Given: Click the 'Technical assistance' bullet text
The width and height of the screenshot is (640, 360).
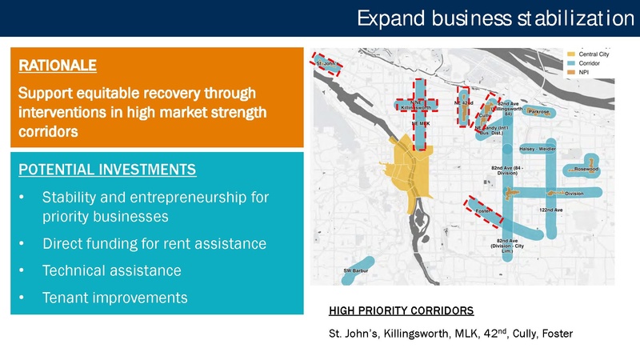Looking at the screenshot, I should [111, 270].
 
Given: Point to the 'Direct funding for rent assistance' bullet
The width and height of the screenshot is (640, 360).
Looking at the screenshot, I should [154, 243].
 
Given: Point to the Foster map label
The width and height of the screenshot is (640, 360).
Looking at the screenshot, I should [482, 210].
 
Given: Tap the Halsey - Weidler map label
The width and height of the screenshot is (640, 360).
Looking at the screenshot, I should [538, 148].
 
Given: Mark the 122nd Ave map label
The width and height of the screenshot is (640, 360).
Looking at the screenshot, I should [551, 210].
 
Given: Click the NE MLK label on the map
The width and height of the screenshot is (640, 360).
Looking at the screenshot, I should [420, 125].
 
